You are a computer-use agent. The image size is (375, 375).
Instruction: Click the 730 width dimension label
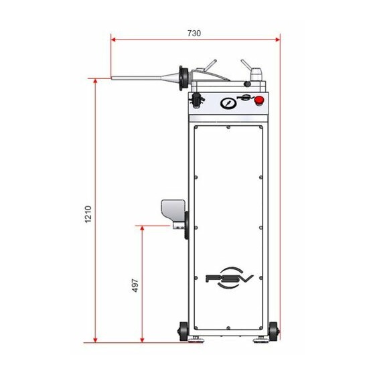[194, 33]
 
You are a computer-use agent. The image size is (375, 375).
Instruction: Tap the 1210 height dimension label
[88, 214]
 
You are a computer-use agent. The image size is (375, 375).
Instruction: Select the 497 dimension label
[135, 285]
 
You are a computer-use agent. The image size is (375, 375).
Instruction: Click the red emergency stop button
[258, 100]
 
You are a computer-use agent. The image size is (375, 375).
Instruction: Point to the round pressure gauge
[228, 103]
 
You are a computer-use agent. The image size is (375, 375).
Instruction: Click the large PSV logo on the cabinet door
[229, 278]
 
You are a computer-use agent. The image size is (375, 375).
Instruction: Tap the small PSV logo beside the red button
[246, 97]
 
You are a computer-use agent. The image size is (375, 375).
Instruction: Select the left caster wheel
[183, 331]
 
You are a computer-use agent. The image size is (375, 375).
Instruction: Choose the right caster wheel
[273, 331]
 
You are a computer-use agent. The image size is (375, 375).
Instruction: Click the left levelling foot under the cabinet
[195, 340]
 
